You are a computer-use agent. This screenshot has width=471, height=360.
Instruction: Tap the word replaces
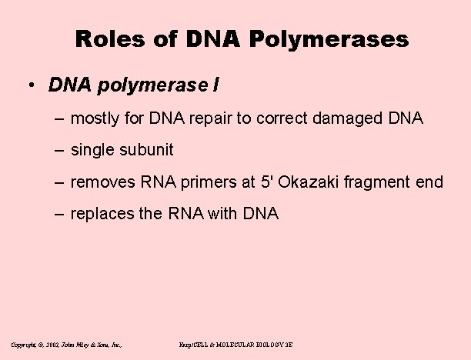click(101, 214)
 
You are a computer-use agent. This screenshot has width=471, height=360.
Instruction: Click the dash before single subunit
click(60, 150)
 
